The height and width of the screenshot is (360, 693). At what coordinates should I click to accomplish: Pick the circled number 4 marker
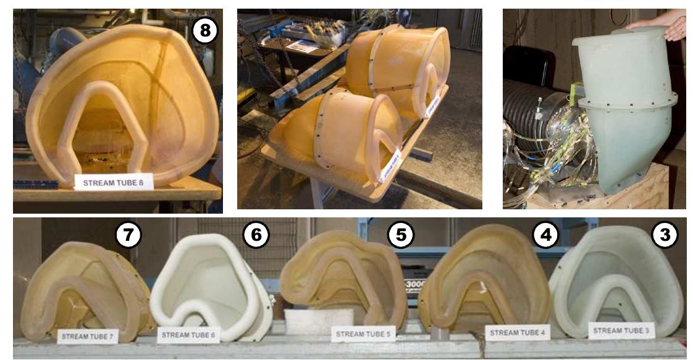[x=544, y=235]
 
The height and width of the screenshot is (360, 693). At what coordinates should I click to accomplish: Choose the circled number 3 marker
[x=665, y=234]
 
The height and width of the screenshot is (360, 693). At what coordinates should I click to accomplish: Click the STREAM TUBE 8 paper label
[x=114, y=182]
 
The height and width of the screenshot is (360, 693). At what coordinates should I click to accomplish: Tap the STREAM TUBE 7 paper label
[x=88, y=337]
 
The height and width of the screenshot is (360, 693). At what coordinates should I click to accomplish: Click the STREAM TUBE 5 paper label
[x=363, y=334]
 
